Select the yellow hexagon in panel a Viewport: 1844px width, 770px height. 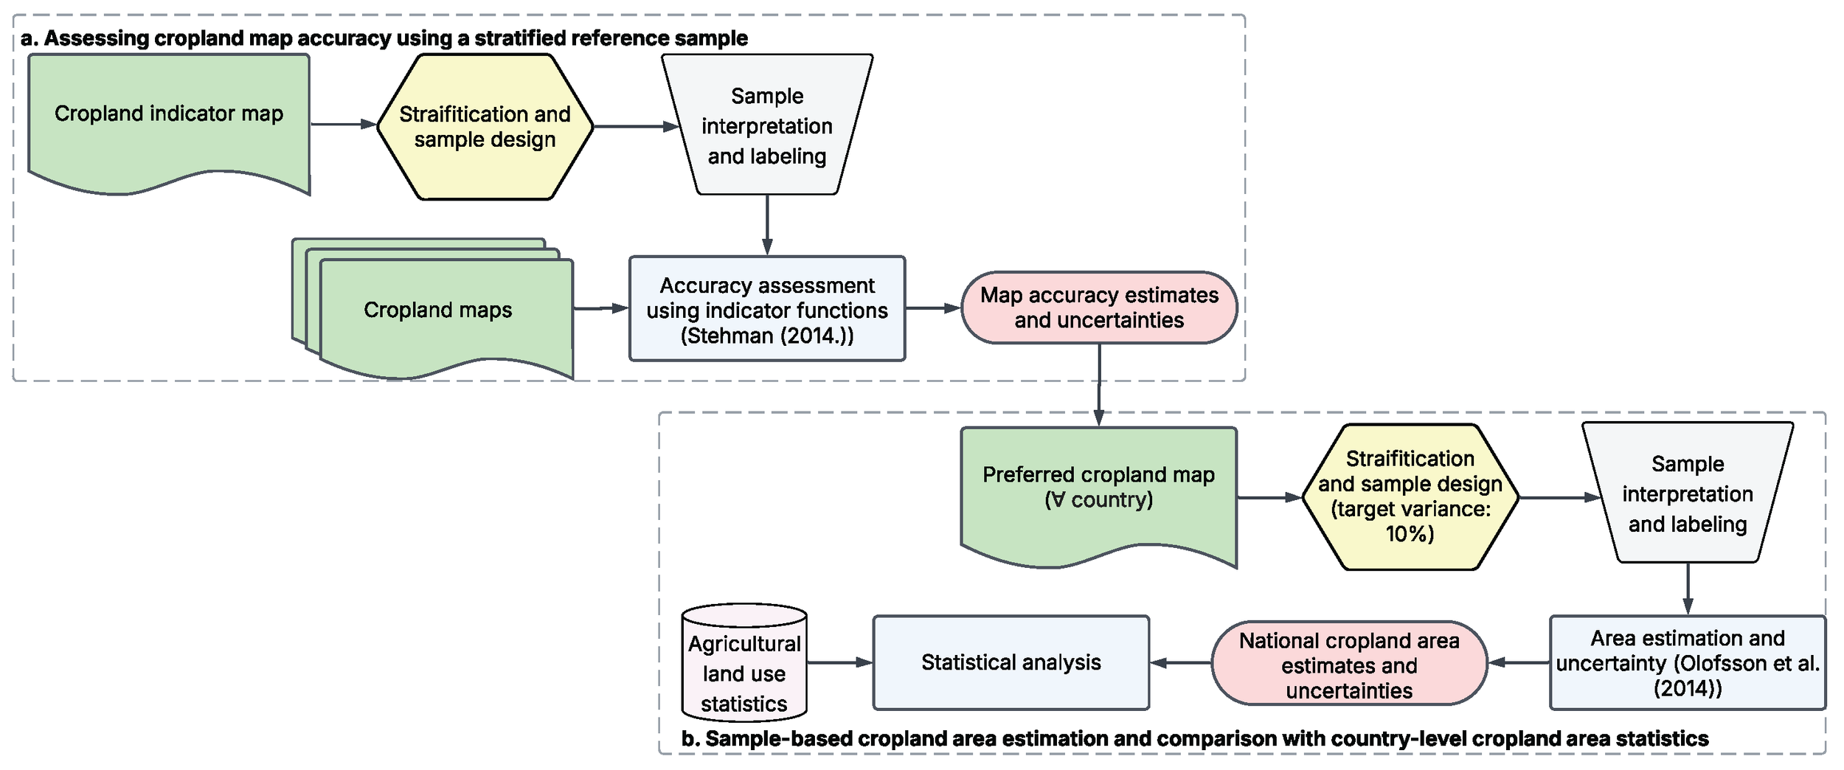pyautogui.click(x=485, y=127)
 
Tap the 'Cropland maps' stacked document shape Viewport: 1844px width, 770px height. pyautogui.click(x=437, y=310)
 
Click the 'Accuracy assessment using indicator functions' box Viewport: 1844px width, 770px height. pyautogui.click(x=767, y=309)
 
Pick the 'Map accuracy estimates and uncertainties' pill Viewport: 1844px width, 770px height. pyautogui.click(x=1099, y=308)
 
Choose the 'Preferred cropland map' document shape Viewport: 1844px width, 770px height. pyautogui.click(x=1098, y=488)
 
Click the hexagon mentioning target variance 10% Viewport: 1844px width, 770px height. pyautogui.click(x=1410, y=496)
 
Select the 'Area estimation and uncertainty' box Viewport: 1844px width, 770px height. pyautogui.click(x=1688, y=662)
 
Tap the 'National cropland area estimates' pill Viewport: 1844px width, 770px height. pyautogui.click(x=1349, y=664)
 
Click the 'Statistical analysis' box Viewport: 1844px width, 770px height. pyautogui.click(x=1011, y=662)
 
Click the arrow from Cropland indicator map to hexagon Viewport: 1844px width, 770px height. pyautogui.click(x=344, y=125)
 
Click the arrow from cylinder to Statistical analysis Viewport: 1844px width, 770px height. pyautogui.click(x=840, y=662)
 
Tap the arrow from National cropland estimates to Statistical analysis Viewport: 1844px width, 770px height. pyautogui.click(x=1180, y=662)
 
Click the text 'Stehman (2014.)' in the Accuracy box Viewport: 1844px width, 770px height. pyautogui.click(x=767, y=336)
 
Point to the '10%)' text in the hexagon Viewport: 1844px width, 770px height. pyautogui.click(x=1410, y=533)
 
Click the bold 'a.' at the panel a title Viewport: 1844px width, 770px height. pyautogui.click(x=30, y=38)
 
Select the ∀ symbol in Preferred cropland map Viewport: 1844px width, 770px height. pyautogui.click(x=1058, y=500)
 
